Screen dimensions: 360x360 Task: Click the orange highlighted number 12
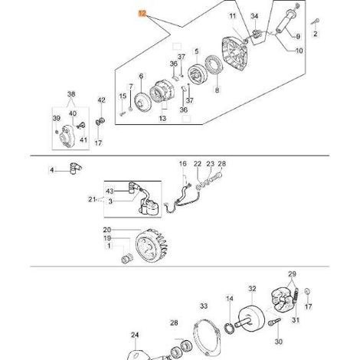pos(142,13)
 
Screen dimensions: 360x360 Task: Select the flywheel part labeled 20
pos(152,246)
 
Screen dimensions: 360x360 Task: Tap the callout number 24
pos(135,335)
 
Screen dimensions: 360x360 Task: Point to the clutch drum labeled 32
pos(251,317)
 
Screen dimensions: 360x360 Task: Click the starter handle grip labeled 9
pos(286,21)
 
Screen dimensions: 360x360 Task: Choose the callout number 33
pos(204,306)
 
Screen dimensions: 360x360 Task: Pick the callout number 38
pos(71,94)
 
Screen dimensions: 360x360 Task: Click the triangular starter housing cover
pos(235,54)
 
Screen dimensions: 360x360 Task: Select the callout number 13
pos(162,119)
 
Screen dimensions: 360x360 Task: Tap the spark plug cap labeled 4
pos(75,169)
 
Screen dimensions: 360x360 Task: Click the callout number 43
pos(110,191)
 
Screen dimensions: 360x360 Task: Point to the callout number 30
pos(279,342)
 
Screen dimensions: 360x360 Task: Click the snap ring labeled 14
pos(229,328)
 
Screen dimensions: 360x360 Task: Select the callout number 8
pos(217,90)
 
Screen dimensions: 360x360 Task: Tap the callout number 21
pos(92,199)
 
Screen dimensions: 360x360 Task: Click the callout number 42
pos(101,100)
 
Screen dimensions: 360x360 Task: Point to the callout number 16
pos(183,164)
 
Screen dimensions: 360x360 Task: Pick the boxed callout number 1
pos(109,246)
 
